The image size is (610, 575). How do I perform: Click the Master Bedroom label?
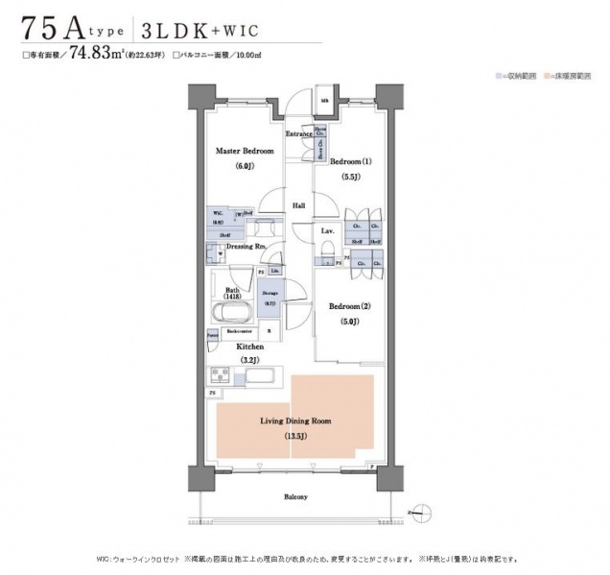tap(244, 152)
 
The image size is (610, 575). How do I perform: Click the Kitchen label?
tap(250, 345)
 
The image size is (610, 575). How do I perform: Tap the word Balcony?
tap(294, 497)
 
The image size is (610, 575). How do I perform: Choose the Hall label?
tap(299, 205)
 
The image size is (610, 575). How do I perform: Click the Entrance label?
tap(299, 133)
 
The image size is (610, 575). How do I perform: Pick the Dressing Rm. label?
tap(246, 248)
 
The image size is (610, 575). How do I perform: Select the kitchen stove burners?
tap(220, 374)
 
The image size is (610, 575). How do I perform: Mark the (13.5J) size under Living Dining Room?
tap(295, 437)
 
